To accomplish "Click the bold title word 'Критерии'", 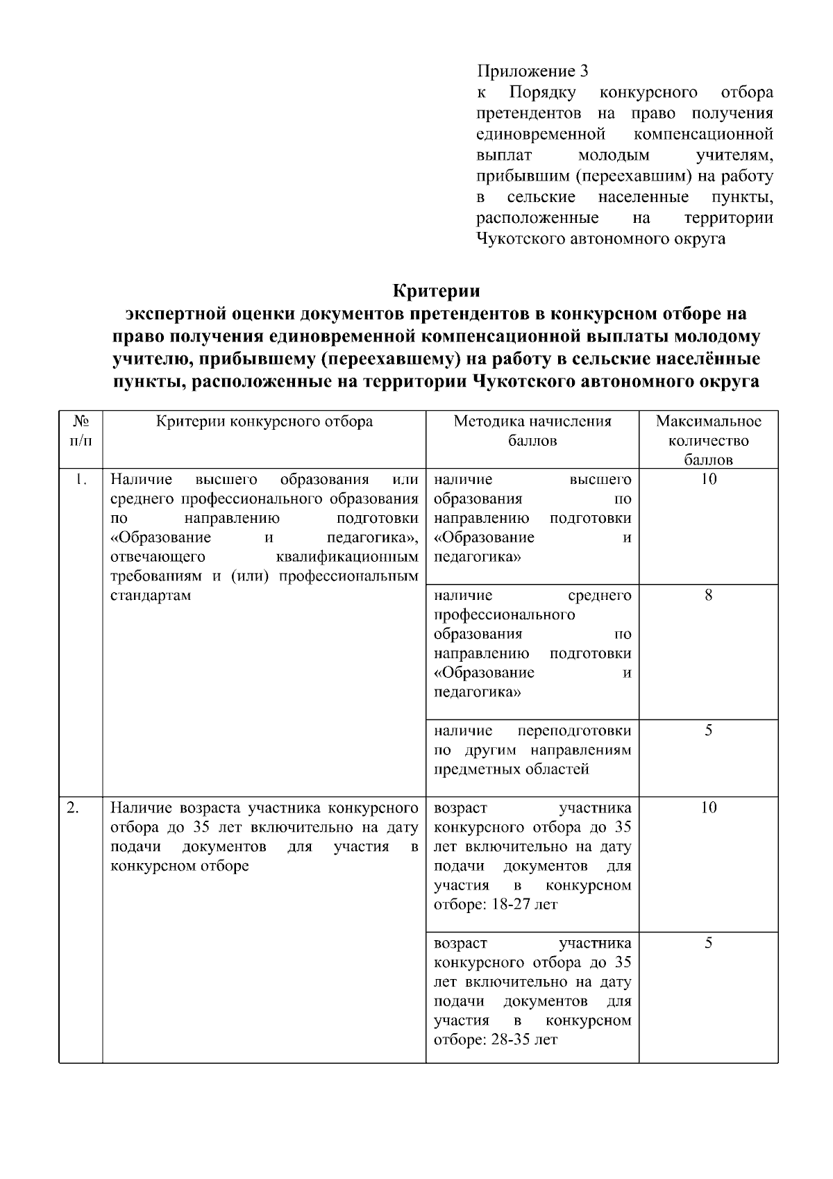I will click(x=437, y=290).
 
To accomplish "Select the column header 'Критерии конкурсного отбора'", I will click(x=264, y=421).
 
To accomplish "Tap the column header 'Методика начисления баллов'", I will click(x=532, y=431).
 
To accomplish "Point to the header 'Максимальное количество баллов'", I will click(x=708, y=440).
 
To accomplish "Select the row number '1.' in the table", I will click(x=81, y=480).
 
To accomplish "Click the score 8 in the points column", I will click(x=708, y=596).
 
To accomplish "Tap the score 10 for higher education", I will click(x=708, y=480).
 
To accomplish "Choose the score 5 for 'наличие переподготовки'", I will click(x=708, y=730).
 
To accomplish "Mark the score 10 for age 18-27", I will click(x=708, y=808).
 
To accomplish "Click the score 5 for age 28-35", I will click(x=708, y=943).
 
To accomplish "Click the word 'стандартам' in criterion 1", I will click(x=150, y=596).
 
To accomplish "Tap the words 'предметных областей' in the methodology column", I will click(x=512, y=769).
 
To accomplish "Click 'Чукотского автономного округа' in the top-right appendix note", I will click(x=601, y=239).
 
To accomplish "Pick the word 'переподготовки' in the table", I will click(x=575, y=730).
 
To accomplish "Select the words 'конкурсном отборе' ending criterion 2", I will click(x=180, y=866).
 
